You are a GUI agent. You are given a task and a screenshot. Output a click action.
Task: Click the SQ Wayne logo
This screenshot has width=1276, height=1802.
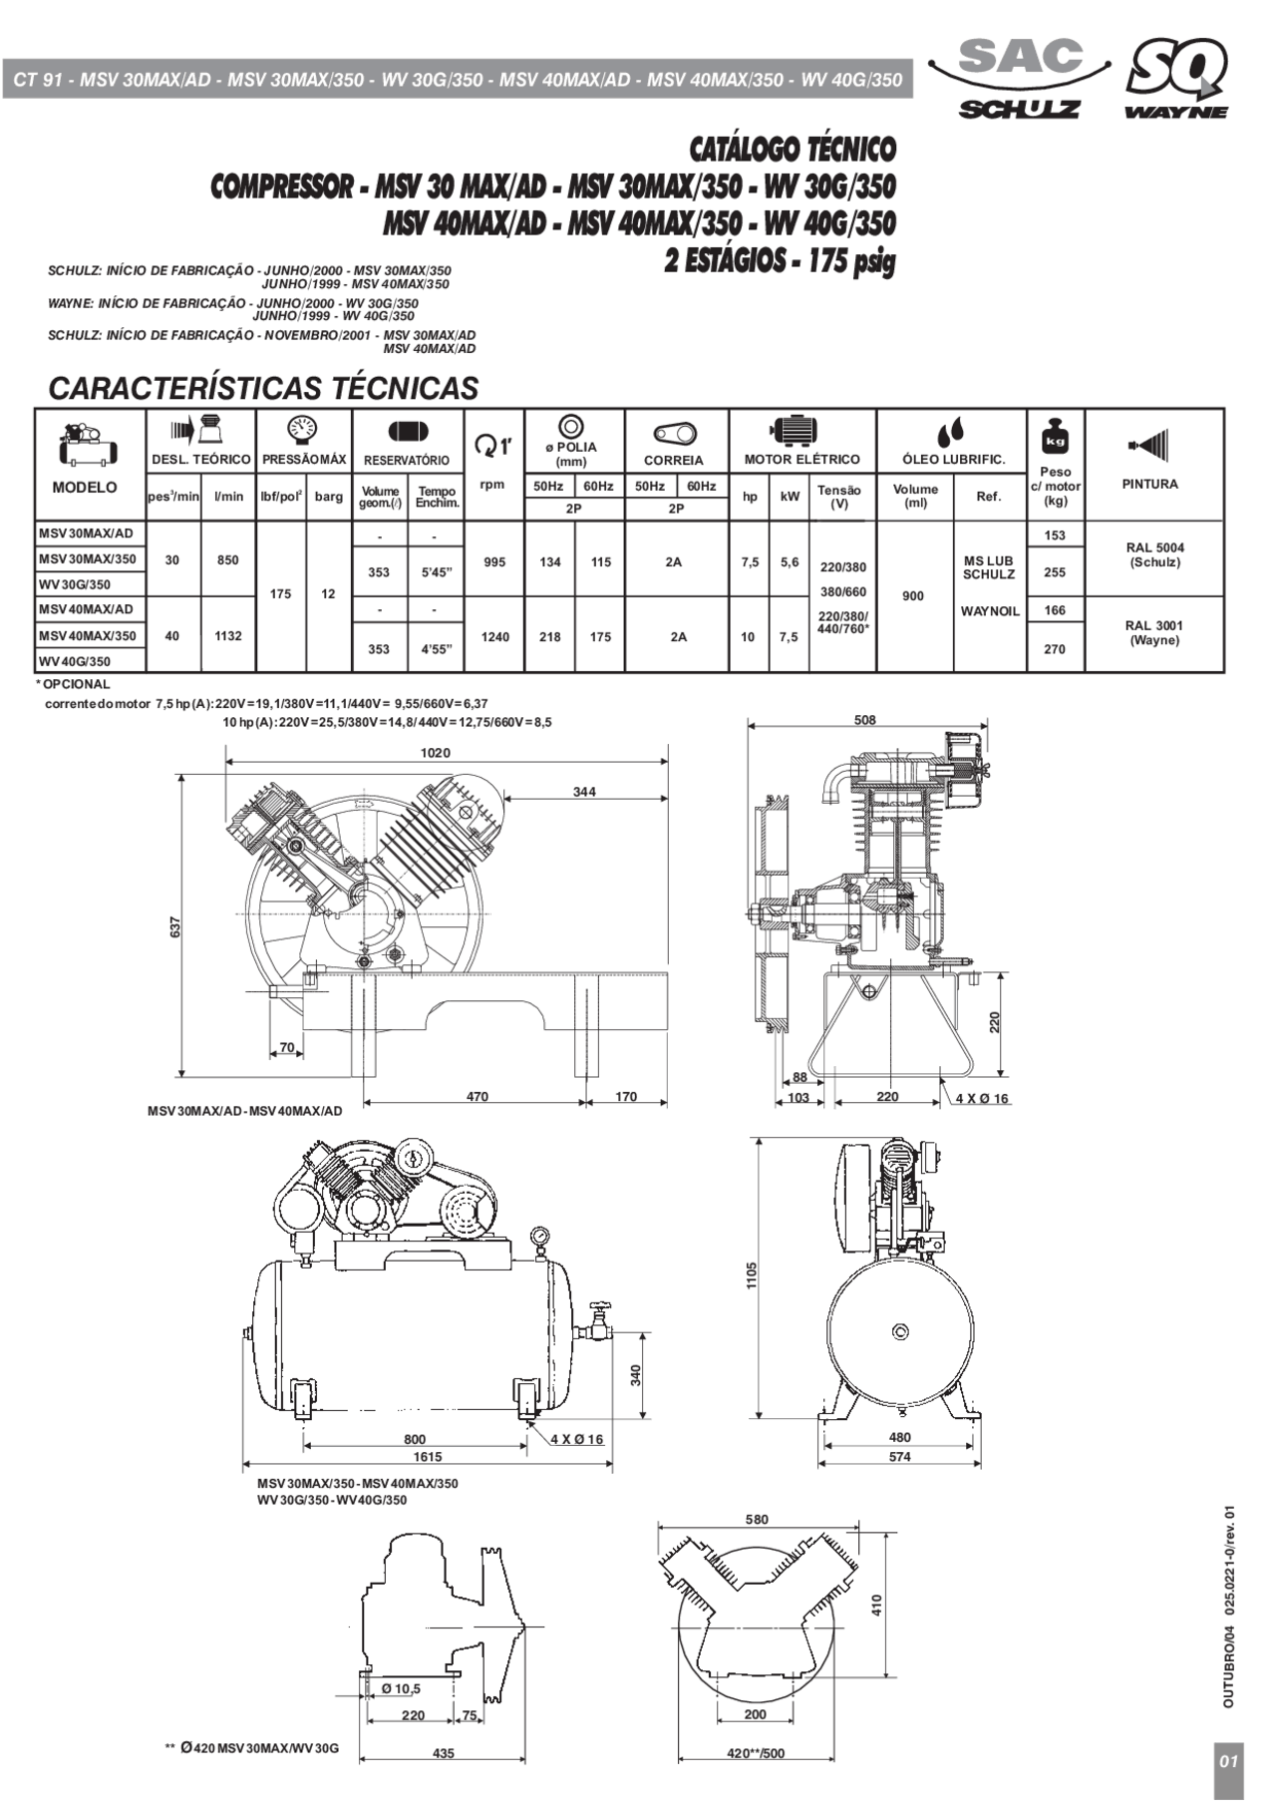pos(1177,78)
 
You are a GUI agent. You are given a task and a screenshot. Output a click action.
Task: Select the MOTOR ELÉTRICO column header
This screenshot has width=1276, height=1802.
pos(801,460)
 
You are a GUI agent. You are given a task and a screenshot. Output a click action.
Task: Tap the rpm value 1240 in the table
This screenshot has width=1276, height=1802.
pos(495,637)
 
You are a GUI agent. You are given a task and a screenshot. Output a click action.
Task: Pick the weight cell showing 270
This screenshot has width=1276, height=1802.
pos(1055,649)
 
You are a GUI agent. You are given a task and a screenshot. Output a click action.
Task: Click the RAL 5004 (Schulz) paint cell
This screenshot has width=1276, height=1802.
pos(1154,555)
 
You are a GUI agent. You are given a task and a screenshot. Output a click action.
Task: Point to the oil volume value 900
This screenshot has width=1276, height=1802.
pos(913,596)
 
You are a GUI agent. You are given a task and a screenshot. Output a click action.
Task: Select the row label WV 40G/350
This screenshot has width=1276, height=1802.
pos(75,661)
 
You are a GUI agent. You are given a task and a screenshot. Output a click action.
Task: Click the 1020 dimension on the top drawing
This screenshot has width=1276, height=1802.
pos(435,753)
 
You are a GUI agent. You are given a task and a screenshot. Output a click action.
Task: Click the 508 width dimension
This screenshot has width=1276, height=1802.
pos(865,720)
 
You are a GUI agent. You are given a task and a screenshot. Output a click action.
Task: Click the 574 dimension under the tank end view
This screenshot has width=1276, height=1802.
pos(899,1457)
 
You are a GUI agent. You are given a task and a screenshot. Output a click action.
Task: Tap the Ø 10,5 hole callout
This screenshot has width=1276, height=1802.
pos(401,1688)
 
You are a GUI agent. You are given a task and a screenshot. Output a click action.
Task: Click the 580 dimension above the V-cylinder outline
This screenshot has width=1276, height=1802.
pos(757,1520)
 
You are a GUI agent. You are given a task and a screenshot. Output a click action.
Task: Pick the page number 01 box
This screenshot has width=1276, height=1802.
pos(1229,1761)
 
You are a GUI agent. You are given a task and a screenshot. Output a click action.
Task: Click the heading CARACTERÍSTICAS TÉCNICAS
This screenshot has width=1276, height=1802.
pos(263,388)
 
